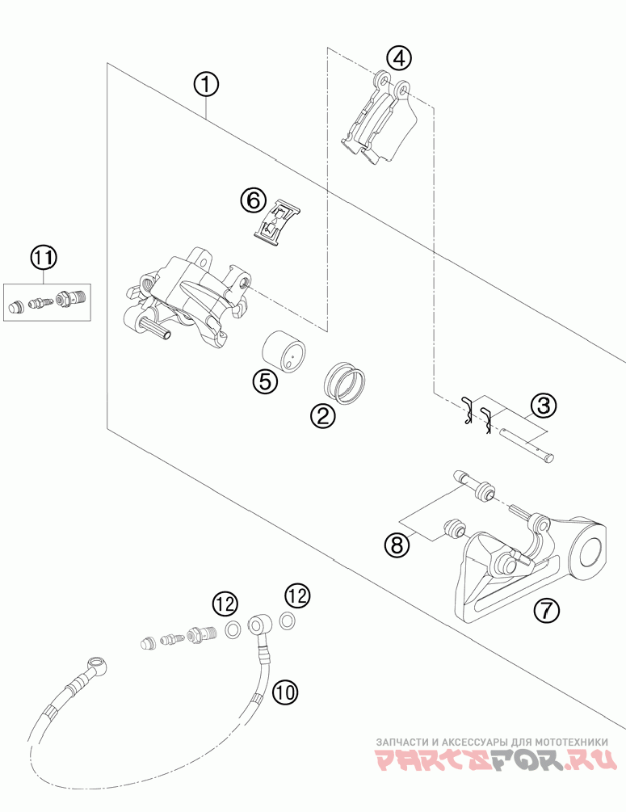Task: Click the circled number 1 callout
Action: point(207,85)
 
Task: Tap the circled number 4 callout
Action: point(399,58)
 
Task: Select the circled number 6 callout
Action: point(253,200)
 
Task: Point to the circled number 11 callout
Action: point(44,258)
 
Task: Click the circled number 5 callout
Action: point(265,381)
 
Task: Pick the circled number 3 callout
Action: point(543,406)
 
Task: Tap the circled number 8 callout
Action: point(397,545)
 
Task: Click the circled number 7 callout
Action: point(548,609)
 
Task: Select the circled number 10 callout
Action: point(285,692)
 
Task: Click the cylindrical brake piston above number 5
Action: point(284,351)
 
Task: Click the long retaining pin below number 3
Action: point(527,443)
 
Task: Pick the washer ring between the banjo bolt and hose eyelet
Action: point(233,629)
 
